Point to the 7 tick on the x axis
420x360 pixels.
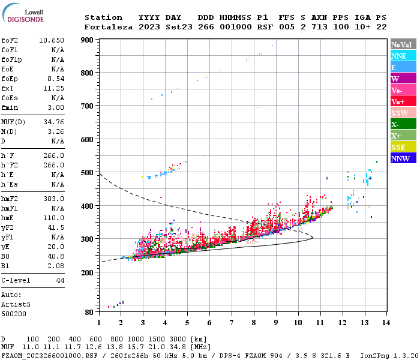tap(232, 323)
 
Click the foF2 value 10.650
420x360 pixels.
tap(52, 40)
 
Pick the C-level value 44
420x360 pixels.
tap(60, 280)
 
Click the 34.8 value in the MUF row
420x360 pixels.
tap(181, 347)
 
